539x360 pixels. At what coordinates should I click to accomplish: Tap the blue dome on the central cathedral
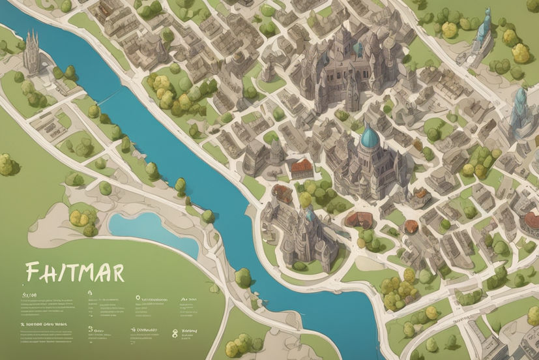[x=370, y=136]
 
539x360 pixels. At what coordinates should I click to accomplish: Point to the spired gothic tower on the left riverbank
[x=31, y=52]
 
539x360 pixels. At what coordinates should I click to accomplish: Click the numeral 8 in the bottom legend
[x=175, y=333]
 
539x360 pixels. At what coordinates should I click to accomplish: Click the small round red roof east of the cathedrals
[x=411, y=226]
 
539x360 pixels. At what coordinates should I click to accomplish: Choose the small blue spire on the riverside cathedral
[x=310, y=214]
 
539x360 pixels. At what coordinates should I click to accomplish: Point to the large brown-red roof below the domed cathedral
[x=356, y=218]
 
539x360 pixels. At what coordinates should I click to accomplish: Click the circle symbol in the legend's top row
[x=138, y=297]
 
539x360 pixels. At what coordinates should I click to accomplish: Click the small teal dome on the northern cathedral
[x=358, y=48]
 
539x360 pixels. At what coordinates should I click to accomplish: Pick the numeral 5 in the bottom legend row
[x=89, y=331]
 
